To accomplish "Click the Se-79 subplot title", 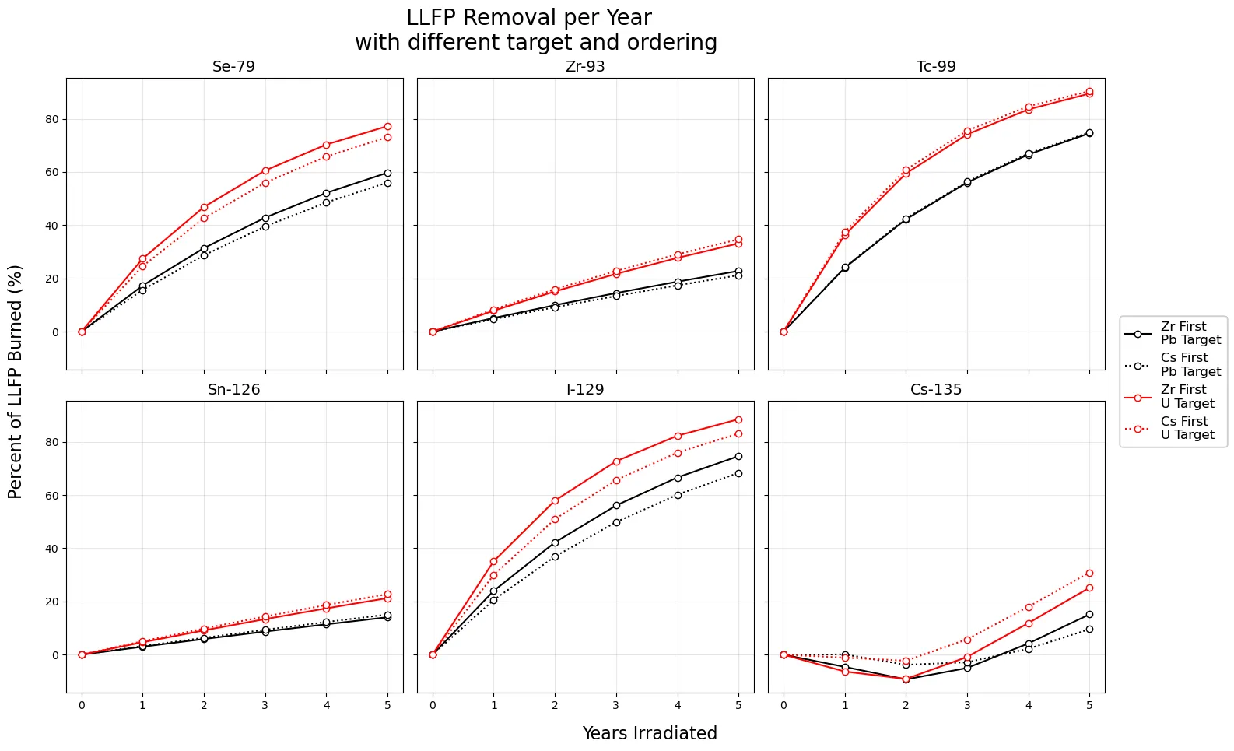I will point(233,67).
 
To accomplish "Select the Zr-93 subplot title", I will point(585,67).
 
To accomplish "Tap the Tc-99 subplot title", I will point(936,67).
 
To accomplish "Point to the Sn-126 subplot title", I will point(233,390).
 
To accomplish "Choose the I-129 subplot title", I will point(585,390).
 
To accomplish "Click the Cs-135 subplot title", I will point(936,390).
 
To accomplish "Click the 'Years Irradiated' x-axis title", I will point(650,733).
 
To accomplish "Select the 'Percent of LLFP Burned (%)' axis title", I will point(16,381).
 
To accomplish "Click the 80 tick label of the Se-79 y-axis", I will point(52,119).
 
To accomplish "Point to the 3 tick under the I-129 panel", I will point(616,705).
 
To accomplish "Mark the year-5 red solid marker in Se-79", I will point(387,126).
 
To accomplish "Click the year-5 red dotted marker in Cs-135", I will point(1089,573).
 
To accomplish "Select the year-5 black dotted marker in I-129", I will point(738,473).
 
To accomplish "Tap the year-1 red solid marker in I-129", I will point(494,561).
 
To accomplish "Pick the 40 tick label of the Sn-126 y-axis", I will point(52,549).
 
